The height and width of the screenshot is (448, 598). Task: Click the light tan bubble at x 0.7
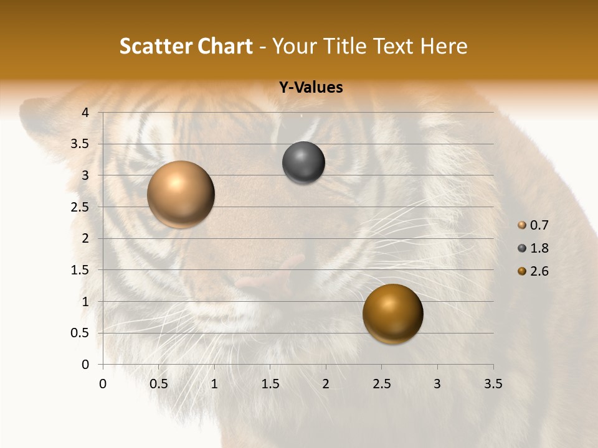[x=181, y=194]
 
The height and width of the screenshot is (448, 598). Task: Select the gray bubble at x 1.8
[x=303, y=163]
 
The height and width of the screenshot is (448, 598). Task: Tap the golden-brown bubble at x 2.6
[x=392, y=314]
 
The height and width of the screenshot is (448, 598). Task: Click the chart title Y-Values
[x=310, y=88]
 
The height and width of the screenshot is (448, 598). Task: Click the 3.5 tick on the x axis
[x=493, y=385]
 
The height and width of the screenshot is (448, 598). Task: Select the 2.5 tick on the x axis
[x=381, y=385]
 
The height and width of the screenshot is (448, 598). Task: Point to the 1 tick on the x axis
[x=214, y=385]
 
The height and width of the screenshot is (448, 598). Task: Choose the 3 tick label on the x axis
[x=437, y=385]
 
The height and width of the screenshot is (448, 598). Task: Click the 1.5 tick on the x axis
[x=270, y=385]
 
